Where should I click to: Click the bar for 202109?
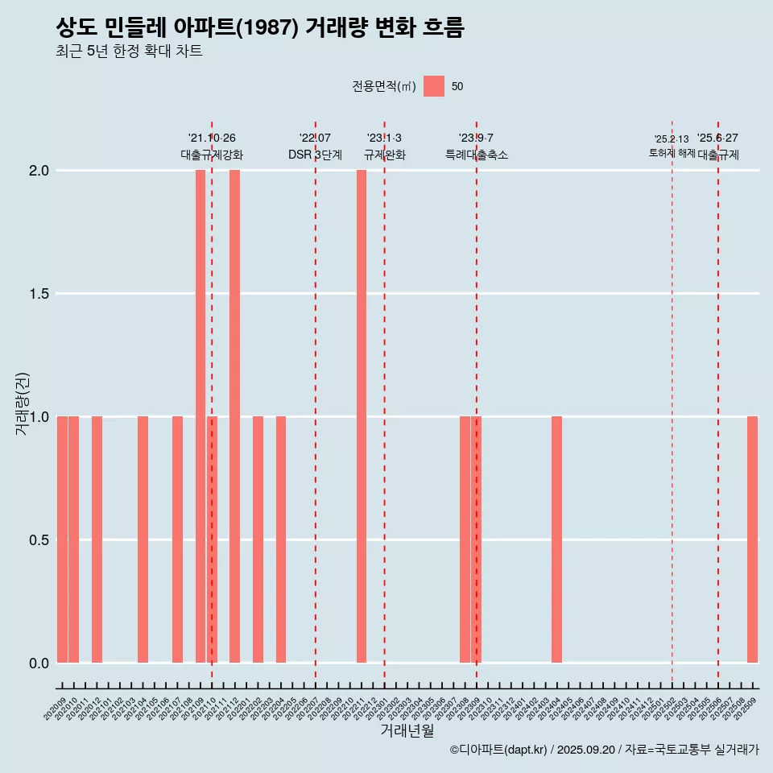click(200, 416)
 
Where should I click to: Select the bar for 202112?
click(234, 416)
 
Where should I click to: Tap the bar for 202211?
click(362, 416)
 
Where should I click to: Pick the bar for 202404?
click(556, 539)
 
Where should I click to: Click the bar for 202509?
click(752, 539)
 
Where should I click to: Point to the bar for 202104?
click(143, 539)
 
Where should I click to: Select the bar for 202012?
click(97, 539)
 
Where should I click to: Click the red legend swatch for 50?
click(434, 86)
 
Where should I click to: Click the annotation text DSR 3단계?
click(316, 155)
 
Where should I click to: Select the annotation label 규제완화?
click(385, 155)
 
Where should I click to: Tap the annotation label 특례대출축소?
click(477, 155)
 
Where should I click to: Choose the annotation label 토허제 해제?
click(672, 153)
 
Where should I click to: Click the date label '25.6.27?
click(717, 138)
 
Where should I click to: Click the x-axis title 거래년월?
click(407, 731)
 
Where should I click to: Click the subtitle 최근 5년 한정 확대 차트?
click(129, 52)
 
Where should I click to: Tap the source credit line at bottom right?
click(604, 750)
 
